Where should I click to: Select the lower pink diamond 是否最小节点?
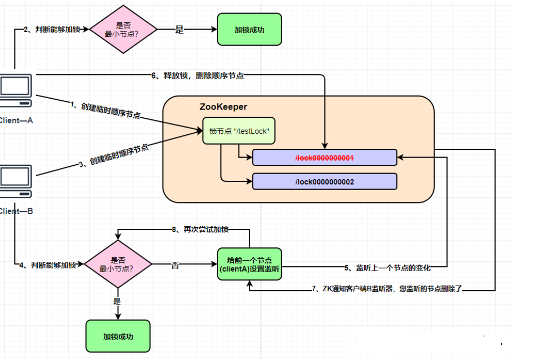click(x=118, y=264)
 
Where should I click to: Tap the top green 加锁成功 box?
click(x=249, y=30)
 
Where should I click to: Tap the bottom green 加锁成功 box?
click(x=118, y=336)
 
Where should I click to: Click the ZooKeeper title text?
click(x=223, y=107)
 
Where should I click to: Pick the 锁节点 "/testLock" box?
click(x=239, y=131)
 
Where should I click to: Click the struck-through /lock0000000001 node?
click(x=324, y=158)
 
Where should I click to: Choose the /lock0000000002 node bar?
click(x=324, y=181)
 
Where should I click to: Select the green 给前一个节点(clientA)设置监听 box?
click(x=250, y=264)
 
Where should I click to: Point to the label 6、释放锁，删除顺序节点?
click(x=197, y=75)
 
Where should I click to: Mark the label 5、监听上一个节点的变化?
click(x=388, y=268)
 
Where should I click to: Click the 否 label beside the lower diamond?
click(x=175, y=265)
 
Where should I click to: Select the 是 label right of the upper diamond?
click(x=179, y=30)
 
